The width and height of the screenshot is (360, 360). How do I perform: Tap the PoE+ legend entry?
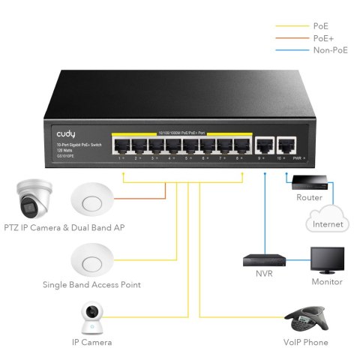click(x=320, y=37)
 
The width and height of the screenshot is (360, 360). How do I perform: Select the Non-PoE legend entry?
click(x=325, y=49)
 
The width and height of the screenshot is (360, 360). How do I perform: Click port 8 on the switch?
click(x=241, y=145)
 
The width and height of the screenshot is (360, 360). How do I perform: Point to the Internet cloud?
click(x=326, y=220)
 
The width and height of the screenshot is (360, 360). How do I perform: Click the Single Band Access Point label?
click(x=91, y=285)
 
